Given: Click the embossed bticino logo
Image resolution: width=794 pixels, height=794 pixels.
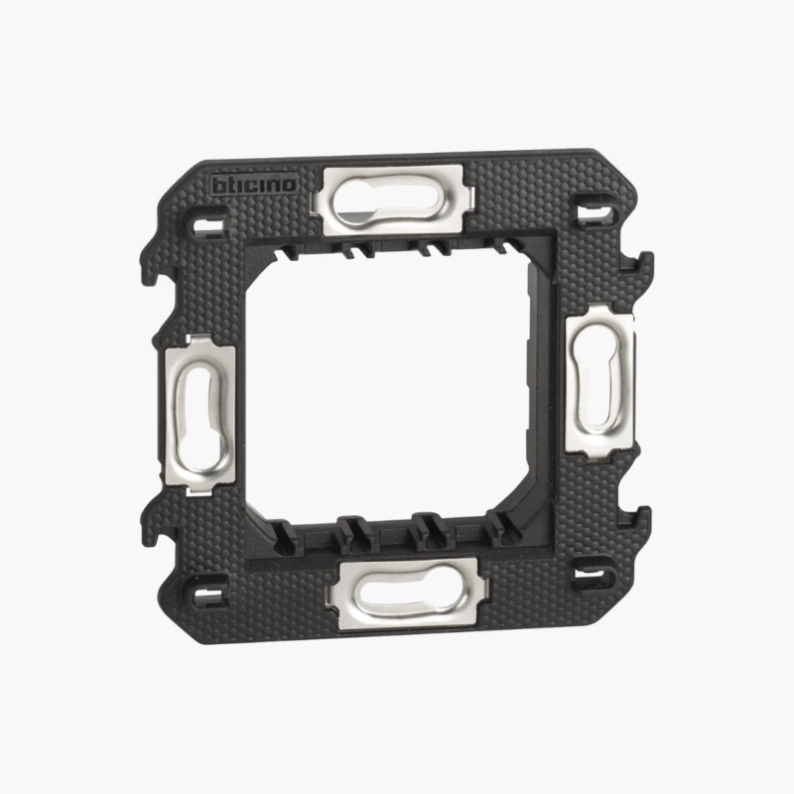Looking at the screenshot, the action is [x=254, y=186].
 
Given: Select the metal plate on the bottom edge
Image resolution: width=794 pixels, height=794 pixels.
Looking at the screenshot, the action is [x=408, y=594].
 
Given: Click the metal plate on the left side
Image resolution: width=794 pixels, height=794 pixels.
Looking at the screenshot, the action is [x=200, y=415].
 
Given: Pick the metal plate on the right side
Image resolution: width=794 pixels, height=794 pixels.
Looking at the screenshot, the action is [x=599, y=384].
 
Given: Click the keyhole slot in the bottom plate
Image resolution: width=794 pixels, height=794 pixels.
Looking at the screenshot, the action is [x=405, y=593].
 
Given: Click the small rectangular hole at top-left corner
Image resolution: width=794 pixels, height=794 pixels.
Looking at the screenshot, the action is [x=208, y=224].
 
